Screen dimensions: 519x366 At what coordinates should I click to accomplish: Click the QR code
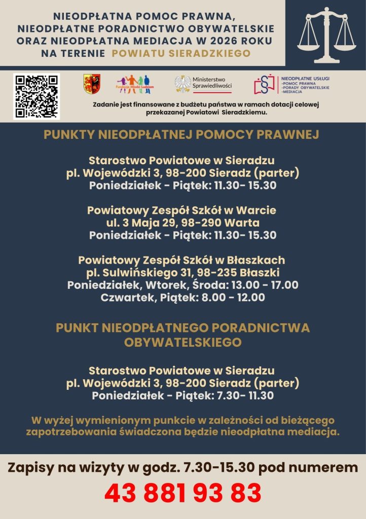coord(36,96)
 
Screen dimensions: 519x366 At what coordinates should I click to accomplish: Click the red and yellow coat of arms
coord(92,84)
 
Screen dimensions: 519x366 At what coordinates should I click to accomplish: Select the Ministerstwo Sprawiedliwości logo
coord(203,84)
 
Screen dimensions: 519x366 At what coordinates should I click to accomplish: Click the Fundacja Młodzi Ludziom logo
coord(133,84)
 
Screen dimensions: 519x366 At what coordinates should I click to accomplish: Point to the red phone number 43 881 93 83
coord(183,493)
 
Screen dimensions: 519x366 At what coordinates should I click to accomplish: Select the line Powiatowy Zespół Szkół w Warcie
coord(182,210)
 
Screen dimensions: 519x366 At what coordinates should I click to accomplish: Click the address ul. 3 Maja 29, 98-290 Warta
coord(182,223)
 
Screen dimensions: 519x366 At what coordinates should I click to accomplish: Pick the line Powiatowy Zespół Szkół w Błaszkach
coord(181,260)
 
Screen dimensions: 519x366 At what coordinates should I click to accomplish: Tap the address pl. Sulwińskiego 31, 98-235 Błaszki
coord(182,273)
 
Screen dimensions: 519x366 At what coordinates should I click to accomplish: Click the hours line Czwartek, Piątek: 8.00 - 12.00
coord(182,298)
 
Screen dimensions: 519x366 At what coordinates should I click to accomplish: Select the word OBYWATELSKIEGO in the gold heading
coord(182,342)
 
